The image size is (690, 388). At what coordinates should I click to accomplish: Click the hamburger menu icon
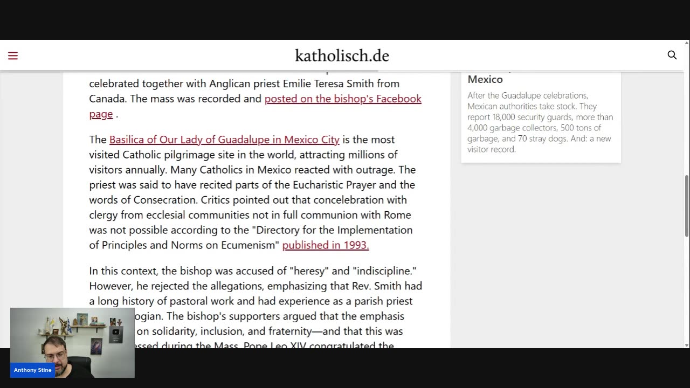tap(13, 56)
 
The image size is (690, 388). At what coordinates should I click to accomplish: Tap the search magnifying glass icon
tap(672, 55)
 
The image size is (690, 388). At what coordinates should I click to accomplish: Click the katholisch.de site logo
tap(342, 56)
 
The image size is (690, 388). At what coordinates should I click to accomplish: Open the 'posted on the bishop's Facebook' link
tap(343, 99)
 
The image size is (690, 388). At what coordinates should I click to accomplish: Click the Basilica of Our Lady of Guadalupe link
tap(224, 140)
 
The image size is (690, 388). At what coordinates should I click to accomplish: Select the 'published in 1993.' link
tap(325, 245)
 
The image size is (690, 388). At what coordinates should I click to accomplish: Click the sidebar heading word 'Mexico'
tap(485, 79)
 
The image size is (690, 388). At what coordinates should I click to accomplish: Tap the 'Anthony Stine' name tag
tap(32, 370)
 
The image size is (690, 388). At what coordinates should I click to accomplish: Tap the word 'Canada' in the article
tap(107, 99)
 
